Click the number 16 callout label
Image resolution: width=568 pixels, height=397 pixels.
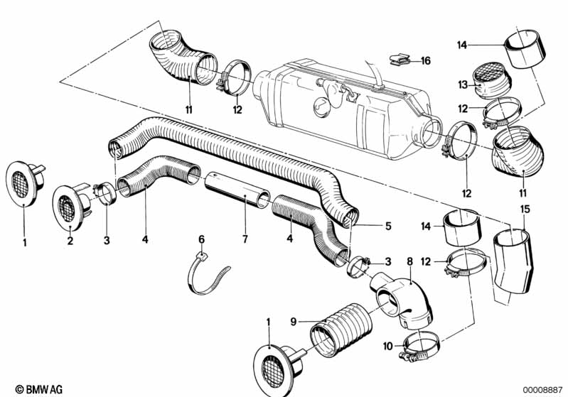(x=426, y=61)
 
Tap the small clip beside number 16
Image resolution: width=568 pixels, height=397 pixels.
(x=400, y=60)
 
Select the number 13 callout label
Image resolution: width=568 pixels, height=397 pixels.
(x=463, y=85)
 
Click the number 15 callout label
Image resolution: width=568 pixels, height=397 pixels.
(x=525, y=210)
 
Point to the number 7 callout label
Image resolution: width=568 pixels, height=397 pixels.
(x=245, y=239)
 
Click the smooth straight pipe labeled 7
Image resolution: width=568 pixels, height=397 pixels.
(x=237, y=190)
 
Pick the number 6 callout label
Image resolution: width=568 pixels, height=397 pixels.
(x=201, y=239)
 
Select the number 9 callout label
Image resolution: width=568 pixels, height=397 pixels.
(x=294, y=321)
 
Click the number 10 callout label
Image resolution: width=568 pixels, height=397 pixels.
(x=388, y=347)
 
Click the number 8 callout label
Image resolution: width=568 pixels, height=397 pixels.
(x=409, y=261)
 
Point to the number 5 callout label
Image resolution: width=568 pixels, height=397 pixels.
(x=388, y=226)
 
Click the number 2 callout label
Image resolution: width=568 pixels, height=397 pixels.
(x=70, y=240)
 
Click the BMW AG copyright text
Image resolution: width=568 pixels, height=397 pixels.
(x=39, y=389)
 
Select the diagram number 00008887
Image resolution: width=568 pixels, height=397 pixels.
(x=542, y=390)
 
